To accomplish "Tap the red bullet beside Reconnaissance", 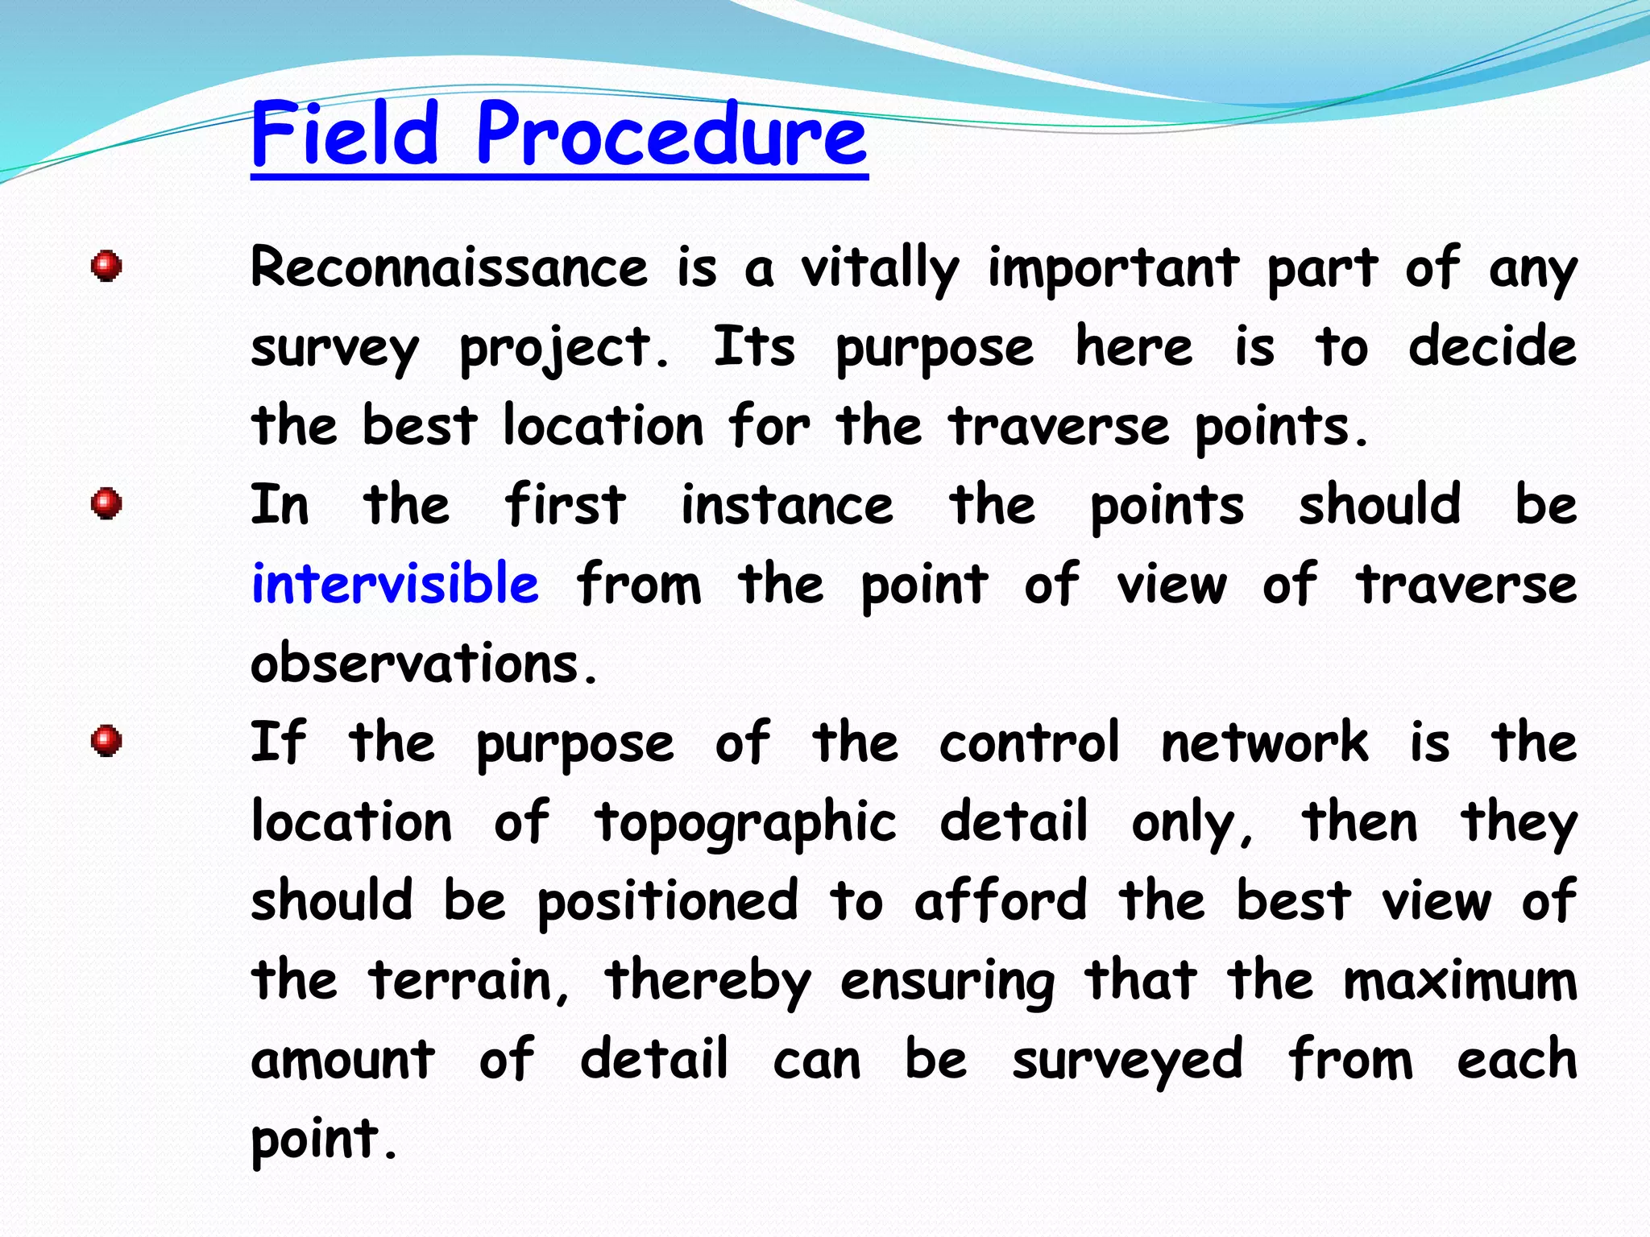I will pyautogui.click(x=106, y=266).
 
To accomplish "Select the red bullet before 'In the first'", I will pyautogui.click(x=106, y=504).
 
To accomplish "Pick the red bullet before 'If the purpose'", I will pyautogui.click(x=106, y=741).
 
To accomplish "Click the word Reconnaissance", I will pyautogui.click(x=449, y=268).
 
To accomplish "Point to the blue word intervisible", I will pyautogui.click(x=395, y=584).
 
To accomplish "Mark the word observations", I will pyautogui.click(x=425, y=664).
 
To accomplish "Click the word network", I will pyautogui.click(x=1264, y=743).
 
